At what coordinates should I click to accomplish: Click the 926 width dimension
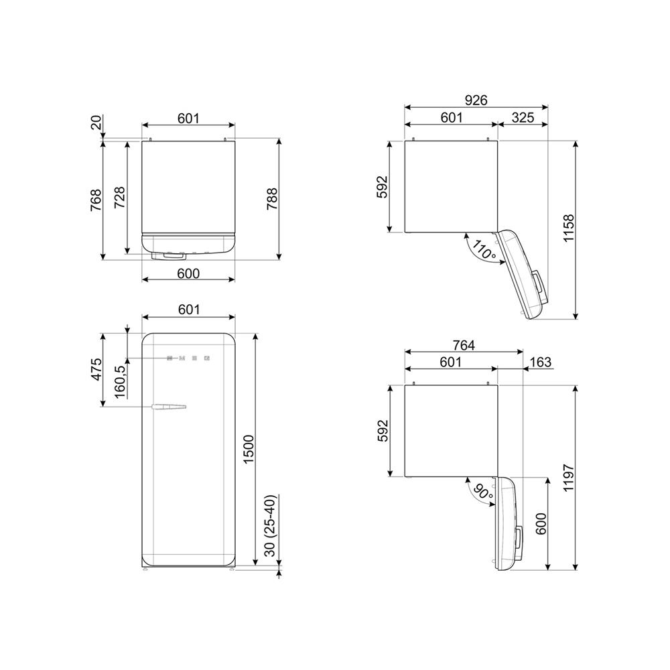(476, 100)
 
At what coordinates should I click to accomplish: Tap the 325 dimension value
(523, 117)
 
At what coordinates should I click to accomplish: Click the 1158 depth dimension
(569, 228)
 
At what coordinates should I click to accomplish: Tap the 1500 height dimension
(249, 450)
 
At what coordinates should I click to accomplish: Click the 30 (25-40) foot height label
(271, 525)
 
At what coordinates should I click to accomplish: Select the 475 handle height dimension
(96, 369)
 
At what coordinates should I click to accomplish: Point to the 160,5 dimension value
(120, 382)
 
